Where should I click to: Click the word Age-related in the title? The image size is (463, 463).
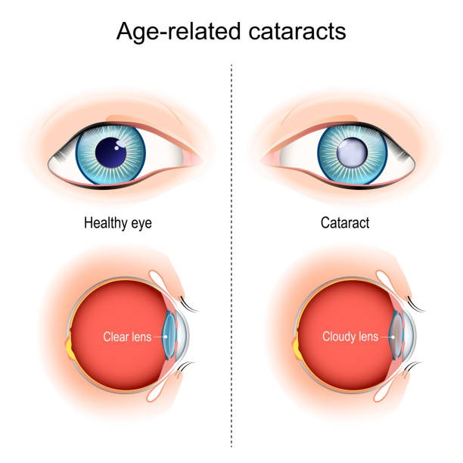coord(179,32)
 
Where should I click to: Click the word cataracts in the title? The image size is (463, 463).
coord(297,31)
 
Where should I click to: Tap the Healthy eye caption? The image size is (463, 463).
coord(118,223)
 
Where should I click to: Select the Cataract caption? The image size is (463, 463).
coord(345,222)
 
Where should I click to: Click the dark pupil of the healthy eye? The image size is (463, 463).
coord(110,152)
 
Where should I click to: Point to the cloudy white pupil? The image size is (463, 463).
coord(352,153)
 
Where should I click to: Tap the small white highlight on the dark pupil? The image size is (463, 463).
coord(117,148)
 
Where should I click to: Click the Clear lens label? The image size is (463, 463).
coord(127,337)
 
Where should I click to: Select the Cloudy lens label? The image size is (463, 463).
coord(350,337)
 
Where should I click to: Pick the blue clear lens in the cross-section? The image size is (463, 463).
coord(169,337)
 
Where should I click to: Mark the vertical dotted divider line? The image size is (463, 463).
coord(231,256)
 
